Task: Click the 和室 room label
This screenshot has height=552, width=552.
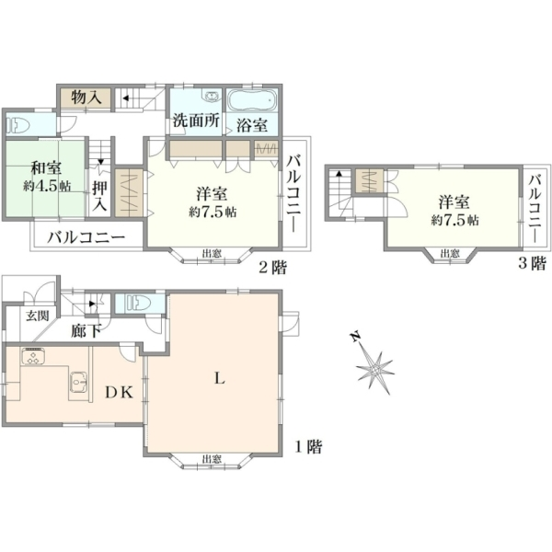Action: pyautogui.click(x=46, y=167)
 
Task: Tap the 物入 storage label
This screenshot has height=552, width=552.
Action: pyautogui.click(x=86, y=98)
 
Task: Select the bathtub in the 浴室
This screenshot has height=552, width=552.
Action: pyautogui.click(x=250, y=100)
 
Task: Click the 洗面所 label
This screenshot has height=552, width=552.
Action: pyautogui.click(x=196, y=121)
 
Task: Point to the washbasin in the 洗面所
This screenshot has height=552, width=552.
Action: pyautogui.click(x=212, y=96)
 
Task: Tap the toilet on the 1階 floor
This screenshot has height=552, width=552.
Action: pyautogui.click(x=139, y=303)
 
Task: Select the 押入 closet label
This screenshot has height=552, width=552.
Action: pyautogui.click(x=99, y=196)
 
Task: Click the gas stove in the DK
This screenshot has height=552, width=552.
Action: pyautogui.click(x=33, y=356)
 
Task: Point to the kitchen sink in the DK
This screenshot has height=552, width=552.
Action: pyautogui.click(x=79, y=382)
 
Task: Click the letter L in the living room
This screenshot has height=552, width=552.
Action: pyautogui.click(x=220, y=378)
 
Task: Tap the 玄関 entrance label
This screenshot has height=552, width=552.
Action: pyautogui.click(x=38, y=316)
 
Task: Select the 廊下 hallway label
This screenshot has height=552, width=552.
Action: pyautogui.click(x=86, y=330)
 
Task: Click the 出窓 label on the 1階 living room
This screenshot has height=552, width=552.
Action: pyautogui.click(x=212, y=459)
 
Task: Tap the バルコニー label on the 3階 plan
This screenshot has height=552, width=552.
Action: pyautogui.click(x=535, y=208)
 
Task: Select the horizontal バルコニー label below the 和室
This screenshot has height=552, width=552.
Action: pyautogui.click(x=86, y=237)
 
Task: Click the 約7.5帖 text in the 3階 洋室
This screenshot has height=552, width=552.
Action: pyautogui.click(x=454, y=221)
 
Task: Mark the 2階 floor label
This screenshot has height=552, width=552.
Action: pyautogui.click(x=272, y=267)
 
